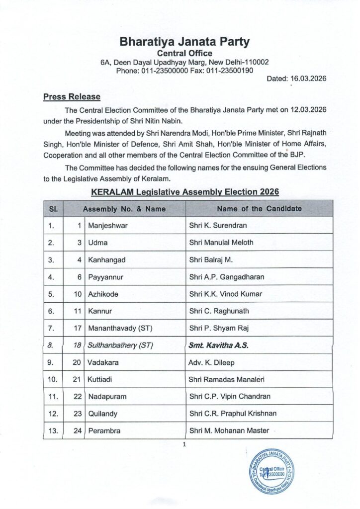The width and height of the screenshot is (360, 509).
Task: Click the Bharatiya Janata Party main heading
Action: click(x=184, y=41)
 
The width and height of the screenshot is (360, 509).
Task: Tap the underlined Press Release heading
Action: click(x=72, y=96)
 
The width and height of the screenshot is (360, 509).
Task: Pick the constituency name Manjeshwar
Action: click(x=108, y=225)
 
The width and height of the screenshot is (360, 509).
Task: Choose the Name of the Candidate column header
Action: click(x=259, y=209)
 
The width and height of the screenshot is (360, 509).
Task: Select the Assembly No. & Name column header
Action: click(x=124, y=209)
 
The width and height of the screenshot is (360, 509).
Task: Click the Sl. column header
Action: click(x=53, y=209)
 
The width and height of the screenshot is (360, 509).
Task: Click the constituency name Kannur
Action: click(x=99, y=311)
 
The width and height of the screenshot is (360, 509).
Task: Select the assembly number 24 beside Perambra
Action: click(x=77, y=430)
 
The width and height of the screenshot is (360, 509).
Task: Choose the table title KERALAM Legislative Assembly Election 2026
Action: click(x=185, y=191)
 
